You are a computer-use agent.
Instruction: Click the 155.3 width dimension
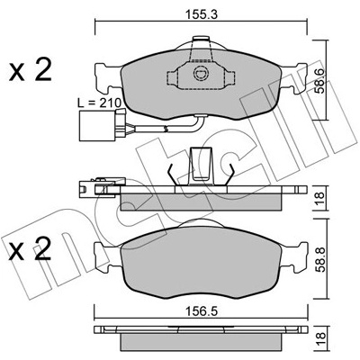201,14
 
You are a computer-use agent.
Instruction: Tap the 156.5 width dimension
202,312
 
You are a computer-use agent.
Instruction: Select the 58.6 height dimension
320,80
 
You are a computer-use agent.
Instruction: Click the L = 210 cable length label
99,103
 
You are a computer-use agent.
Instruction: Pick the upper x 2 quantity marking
30,71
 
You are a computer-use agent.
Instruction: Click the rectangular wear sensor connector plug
96,125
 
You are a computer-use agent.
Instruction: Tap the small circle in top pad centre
200,74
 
